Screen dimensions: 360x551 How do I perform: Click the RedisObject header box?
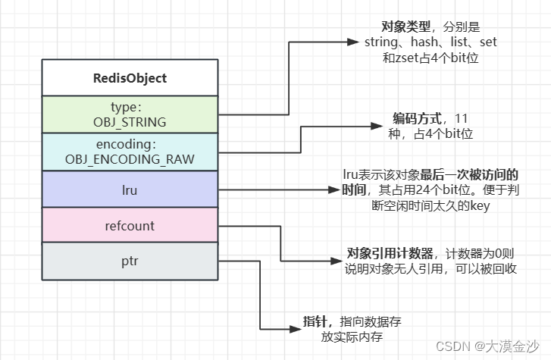[130, 77]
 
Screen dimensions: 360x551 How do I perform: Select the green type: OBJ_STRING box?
[130, 114]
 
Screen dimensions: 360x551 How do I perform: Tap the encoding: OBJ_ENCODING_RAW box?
[130, 151]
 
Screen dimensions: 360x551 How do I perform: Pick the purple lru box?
[130, 188]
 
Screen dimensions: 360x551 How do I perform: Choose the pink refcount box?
[130, 225]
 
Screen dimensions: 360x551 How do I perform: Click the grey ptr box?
[130, 261]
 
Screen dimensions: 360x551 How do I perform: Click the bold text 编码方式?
[417, 120]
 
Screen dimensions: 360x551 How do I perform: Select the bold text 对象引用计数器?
[390, 253]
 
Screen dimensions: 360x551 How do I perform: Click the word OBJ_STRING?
[130, 121]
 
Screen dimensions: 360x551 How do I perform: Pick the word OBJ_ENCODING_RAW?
[130, 158]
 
